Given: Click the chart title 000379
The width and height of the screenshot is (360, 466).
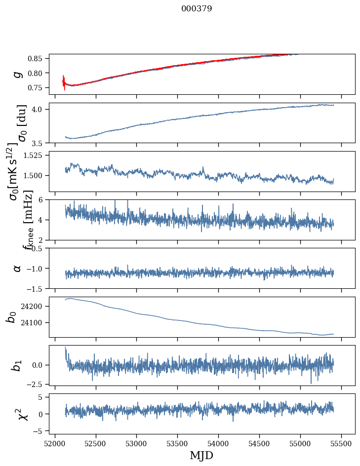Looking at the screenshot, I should click(x=197, y=9).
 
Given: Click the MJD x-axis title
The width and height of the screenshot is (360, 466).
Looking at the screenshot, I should click(x=201, y=455).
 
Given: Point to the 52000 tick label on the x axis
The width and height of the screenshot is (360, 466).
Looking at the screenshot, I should click(x=55, y=442).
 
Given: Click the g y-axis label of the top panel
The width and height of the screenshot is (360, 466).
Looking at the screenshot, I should click(x=18, y=74).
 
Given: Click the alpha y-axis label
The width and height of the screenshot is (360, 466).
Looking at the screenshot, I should click(x=18, y=268).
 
